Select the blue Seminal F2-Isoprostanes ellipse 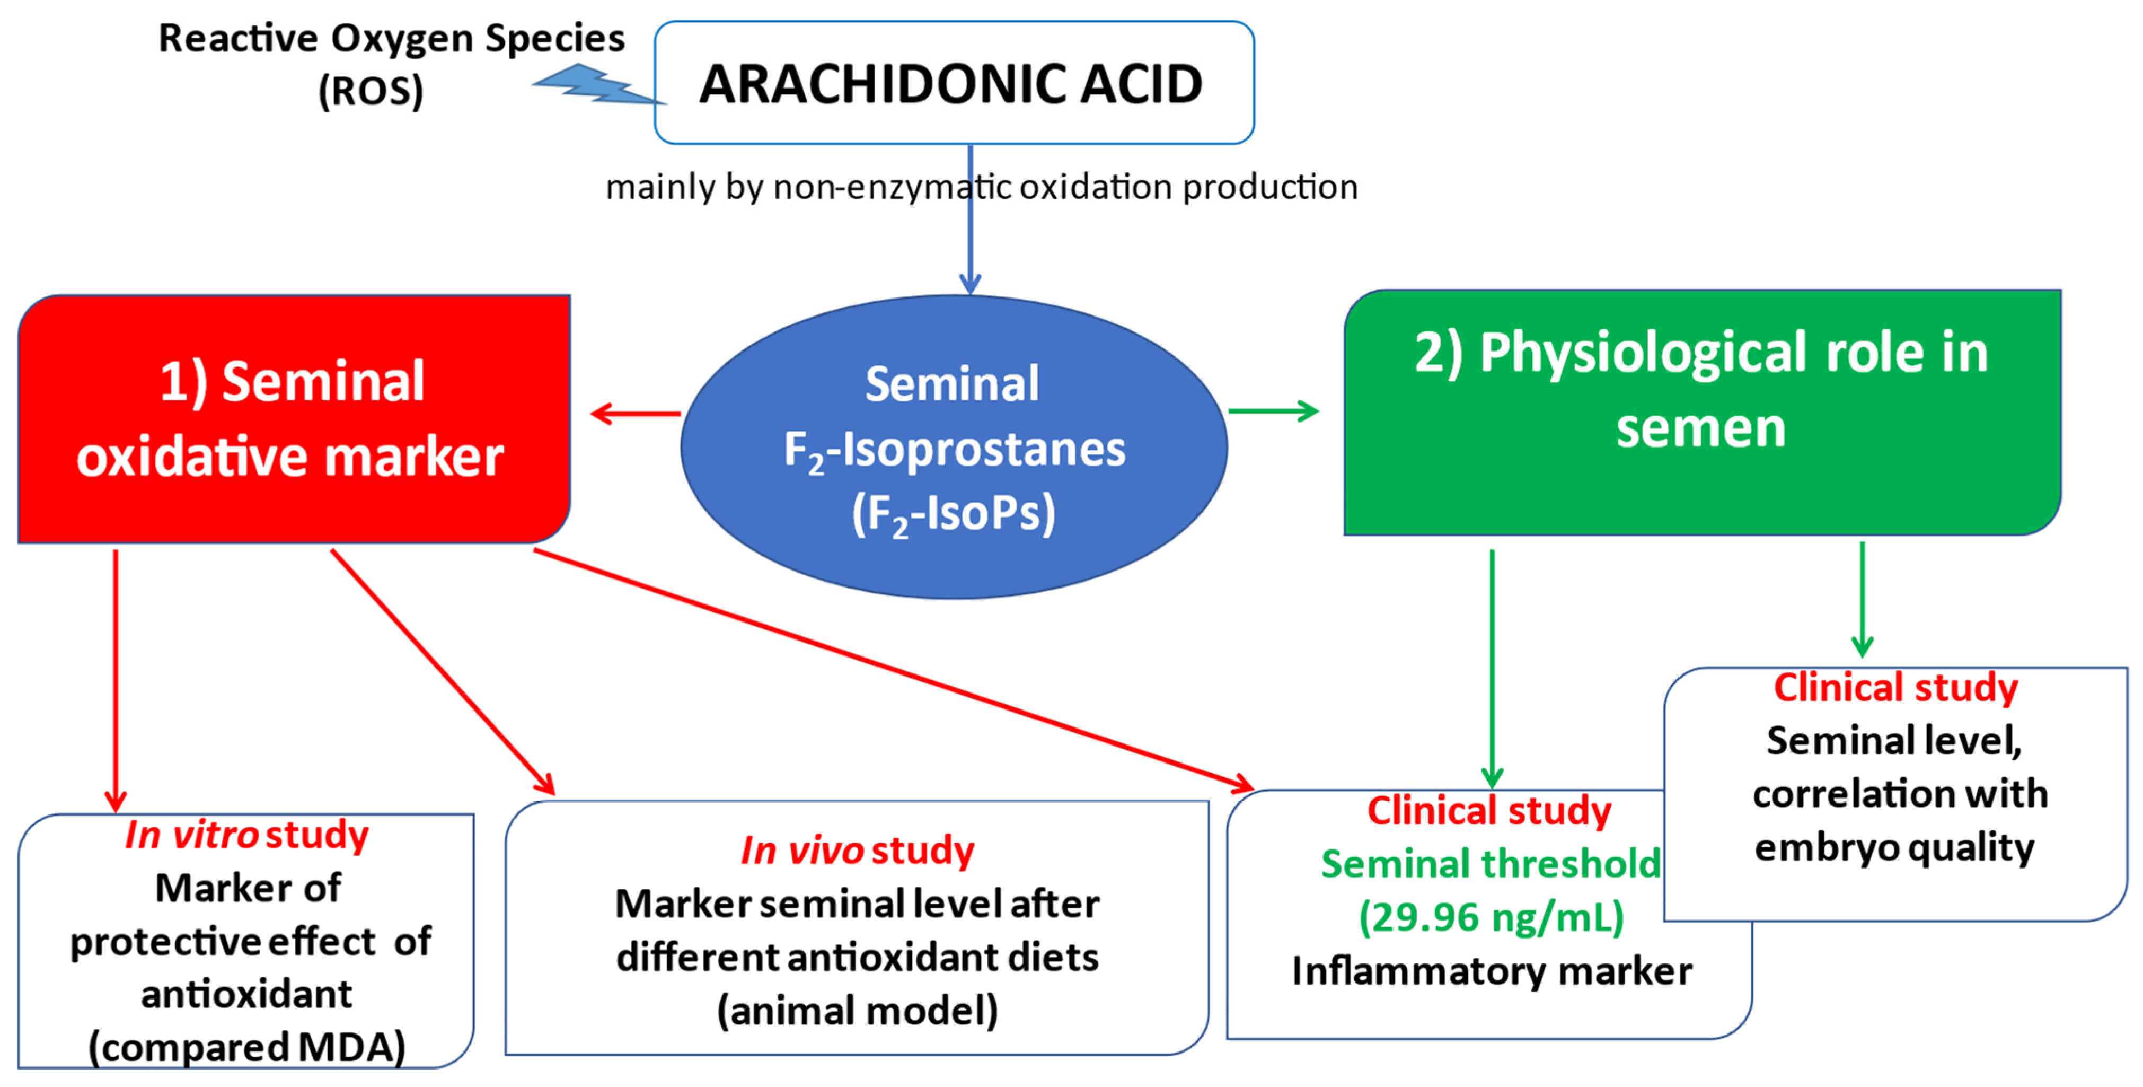[954, 447]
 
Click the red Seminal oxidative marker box [293, 419]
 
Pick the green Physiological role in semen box [1701, 412]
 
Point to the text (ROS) [371, 90]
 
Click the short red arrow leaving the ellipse [637, 413]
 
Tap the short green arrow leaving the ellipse [1273, 410]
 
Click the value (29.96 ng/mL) [1491, 917]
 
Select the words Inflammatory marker [1491, 970]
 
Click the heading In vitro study [246, 835]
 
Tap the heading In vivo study [857, 851]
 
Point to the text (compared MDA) [246, 1047]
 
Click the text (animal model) [857, 1011]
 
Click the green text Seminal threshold [1491, 864]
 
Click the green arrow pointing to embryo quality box [1862, 599]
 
